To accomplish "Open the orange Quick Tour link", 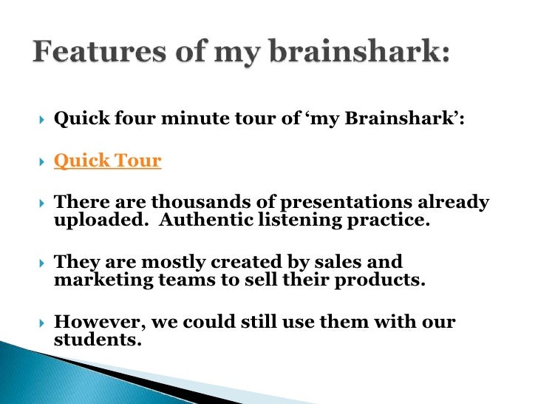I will pos(107,161).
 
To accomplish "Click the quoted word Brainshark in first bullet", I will pos(410,120).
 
